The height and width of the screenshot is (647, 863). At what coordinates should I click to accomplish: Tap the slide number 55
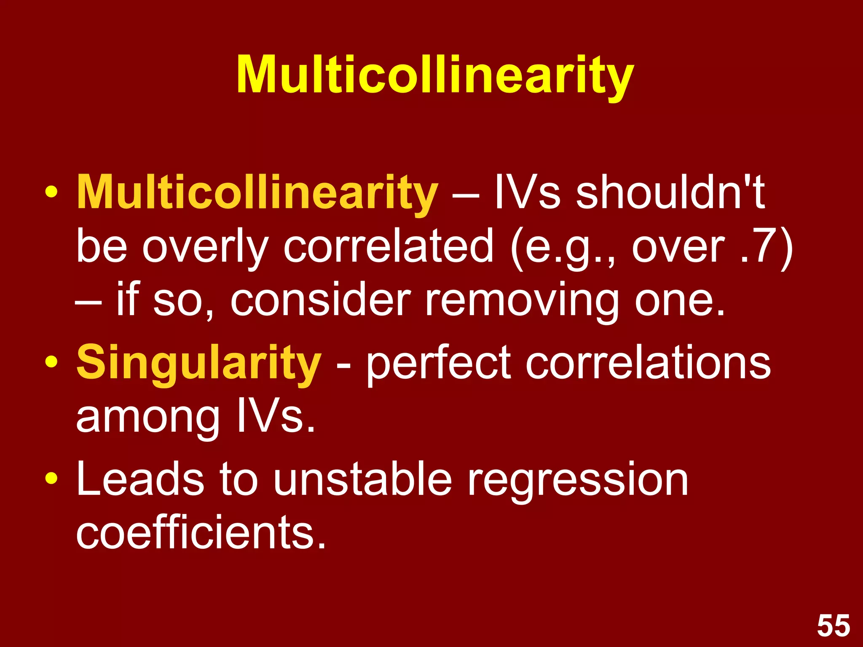834,626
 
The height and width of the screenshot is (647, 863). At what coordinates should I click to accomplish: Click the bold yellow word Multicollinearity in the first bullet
257,193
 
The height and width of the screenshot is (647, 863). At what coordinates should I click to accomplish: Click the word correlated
389,246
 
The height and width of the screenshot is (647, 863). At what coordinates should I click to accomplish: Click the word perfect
439,363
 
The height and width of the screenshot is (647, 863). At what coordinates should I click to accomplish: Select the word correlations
648,363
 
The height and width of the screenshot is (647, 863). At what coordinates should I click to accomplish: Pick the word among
148,417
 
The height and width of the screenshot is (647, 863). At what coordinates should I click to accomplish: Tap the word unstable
363,480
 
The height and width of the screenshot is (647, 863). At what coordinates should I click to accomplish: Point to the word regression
578,480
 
